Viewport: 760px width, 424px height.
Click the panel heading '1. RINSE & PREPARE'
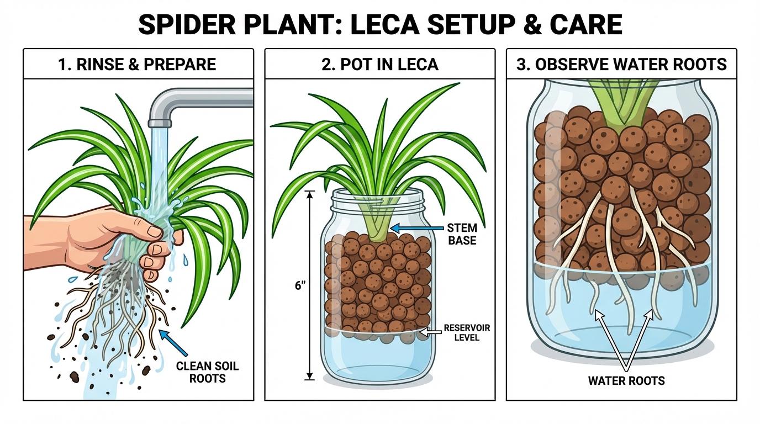tap(137, 65)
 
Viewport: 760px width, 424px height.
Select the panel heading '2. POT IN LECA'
tap(379, 65)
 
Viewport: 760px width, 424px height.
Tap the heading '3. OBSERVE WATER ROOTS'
tap(621, 65)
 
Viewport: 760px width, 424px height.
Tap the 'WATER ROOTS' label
tap(626, 380)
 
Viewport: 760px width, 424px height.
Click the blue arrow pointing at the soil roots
tap(173, 342)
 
